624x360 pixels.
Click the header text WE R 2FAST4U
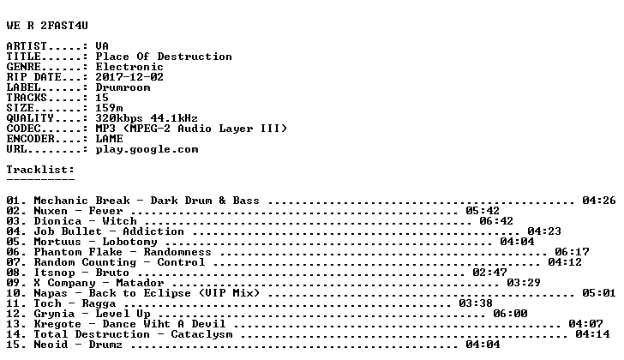tap(47, 26)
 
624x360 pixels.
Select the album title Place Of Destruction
tap(164, 57)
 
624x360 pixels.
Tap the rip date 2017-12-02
tap(129, 77)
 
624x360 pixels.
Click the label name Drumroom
tap(123, 87)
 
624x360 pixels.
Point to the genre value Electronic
tap(129, 67)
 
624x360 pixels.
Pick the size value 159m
tap(109, 108)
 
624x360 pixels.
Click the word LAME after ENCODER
tap(109, 139)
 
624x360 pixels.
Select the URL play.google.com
tap(147, 149)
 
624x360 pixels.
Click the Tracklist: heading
tap(40, 170)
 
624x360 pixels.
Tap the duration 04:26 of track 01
tap(599, 201)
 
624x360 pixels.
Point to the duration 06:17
tap(572, 252)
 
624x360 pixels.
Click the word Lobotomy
tap(129, 242)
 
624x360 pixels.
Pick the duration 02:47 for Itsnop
tap(489, 273)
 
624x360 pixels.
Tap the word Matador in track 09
tap(140, 283)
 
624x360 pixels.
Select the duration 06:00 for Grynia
tap(510, 314)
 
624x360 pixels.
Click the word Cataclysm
tap(201, 334)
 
